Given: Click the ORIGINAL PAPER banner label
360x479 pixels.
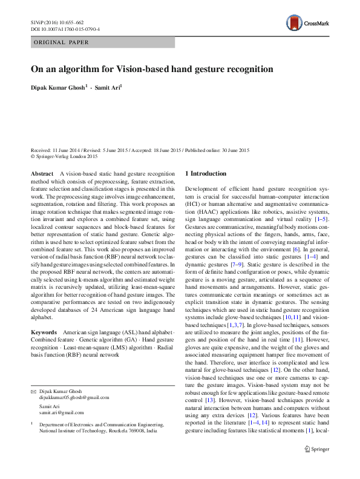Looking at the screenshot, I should (x=61, y=42).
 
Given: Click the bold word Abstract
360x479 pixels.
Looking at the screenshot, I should (x=41, y=173).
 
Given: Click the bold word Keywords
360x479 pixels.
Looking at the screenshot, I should (x=44, y=333).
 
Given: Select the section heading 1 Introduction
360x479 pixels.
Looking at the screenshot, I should (x=206, y=174).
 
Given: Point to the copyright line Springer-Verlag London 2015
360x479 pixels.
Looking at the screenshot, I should (x=67, y=156).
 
